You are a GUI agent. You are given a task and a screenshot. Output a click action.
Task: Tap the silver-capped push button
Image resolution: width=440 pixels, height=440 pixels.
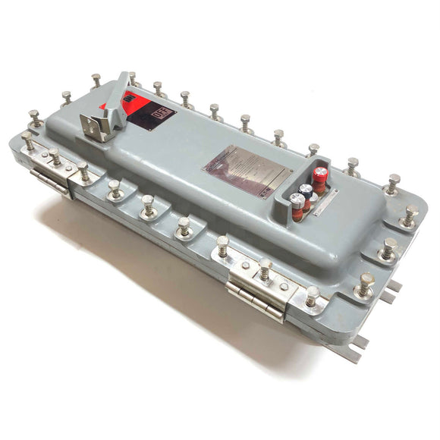click(x=298, y=201)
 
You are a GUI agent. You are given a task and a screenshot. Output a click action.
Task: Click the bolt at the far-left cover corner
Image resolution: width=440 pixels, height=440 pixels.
click(x=35, y=118)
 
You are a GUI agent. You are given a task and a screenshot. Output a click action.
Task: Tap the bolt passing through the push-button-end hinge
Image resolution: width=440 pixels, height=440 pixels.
click(x=265, y=269)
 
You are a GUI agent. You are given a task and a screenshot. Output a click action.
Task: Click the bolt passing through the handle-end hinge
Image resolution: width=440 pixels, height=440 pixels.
click(x=55, y=157)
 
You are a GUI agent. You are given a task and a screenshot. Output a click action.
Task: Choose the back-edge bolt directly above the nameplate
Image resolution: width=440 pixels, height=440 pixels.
click(x=245, y=121)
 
